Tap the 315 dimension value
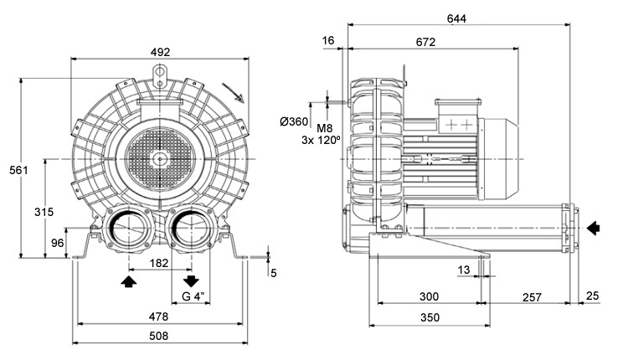(44, 212)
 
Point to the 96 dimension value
(57, 243)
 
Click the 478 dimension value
(158, 316)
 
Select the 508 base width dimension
(158, 336)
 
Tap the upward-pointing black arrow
(127, 281)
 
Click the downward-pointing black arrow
(191, 280)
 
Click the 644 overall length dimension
(457, 18)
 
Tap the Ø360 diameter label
(294, 121)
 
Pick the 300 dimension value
(429, 297)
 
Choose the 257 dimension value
(531, 297)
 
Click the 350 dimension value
(429, 318)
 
